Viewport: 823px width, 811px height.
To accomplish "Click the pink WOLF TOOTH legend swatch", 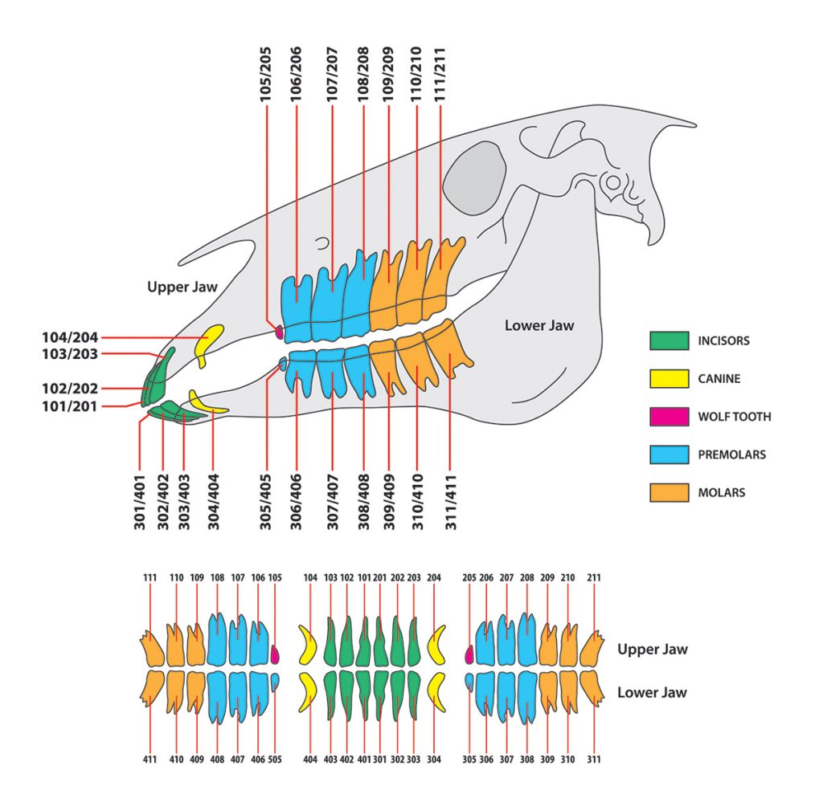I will [x=669, y=417].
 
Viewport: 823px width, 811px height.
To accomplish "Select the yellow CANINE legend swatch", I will [x=669, y=378].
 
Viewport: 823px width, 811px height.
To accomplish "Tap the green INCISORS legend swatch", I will [x=669, y=340].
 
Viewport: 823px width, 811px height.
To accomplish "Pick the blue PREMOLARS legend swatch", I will [x=669, y=454].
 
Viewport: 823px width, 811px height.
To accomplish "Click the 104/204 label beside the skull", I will [x=69, y=338].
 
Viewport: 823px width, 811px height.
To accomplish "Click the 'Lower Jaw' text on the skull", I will [x=539, y=325].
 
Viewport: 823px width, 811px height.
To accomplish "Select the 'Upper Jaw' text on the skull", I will [x=182, y=287].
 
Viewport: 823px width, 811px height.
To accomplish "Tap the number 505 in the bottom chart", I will [x=276, y=758].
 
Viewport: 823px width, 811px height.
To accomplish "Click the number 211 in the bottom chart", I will [x=594, y=577].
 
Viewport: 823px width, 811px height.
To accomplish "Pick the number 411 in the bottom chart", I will [x=150, y=758].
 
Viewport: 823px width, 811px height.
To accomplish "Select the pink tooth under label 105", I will [x=276, y=654].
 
